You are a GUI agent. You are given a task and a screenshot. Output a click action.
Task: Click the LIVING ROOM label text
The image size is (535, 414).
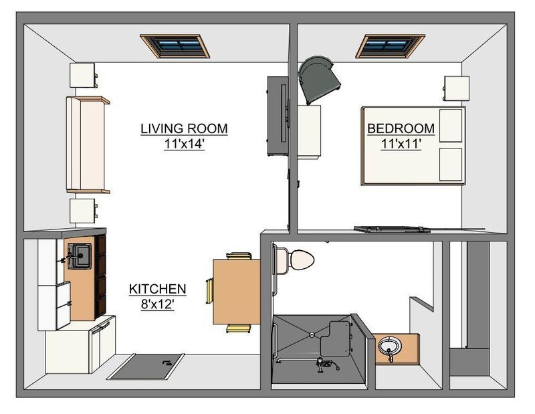(185, 128)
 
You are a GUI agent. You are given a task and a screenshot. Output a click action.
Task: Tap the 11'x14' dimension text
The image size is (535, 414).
(185, 144)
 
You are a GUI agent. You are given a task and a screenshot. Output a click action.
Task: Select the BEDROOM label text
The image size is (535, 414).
(401, 128)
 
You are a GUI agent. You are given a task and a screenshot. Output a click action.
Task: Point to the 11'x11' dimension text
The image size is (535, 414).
(401, 144)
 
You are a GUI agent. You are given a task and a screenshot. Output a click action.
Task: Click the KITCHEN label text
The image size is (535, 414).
(158, 289)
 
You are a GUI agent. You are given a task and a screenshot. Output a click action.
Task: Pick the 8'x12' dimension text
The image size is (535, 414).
(158, 304)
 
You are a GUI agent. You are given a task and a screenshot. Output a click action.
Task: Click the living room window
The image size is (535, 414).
(175, 45)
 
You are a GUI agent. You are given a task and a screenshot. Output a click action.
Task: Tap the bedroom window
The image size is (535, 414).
(391, 45)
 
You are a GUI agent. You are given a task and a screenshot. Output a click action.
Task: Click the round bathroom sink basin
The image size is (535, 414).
(390, 345)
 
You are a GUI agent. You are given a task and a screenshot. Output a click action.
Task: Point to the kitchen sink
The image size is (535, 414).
(80, 255)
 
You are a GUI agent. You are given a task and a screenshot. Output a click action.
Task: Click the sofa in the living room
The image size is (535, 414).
(88, 144)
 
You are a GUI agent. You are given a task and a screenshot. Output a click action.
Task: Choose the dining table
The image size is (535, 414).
(237, 292)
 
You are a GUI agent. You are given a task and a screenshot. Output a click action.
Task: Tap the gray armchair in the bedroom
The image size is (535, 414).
(318, 80)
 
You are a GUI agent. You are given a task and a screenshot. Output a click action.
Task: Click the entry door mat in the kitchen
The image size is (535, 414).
(146, 367)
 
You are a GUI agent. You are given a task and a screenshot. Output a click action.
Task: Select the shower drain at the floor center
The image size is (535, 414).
(312, 335)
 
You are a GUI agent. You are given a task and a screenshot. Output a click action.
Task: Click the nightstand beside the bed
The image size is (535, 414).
(457, 88)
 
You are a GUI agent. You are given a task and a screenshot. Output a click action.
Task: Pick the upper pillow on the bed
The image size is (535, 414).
(451, 125)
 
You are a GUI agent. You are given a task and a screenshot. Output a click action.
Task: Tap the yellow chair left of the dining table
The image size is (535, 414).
(209, 291)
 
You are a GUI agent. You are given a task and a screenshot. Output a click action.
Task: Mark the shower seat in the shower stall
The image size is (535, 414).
(335, 338)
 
